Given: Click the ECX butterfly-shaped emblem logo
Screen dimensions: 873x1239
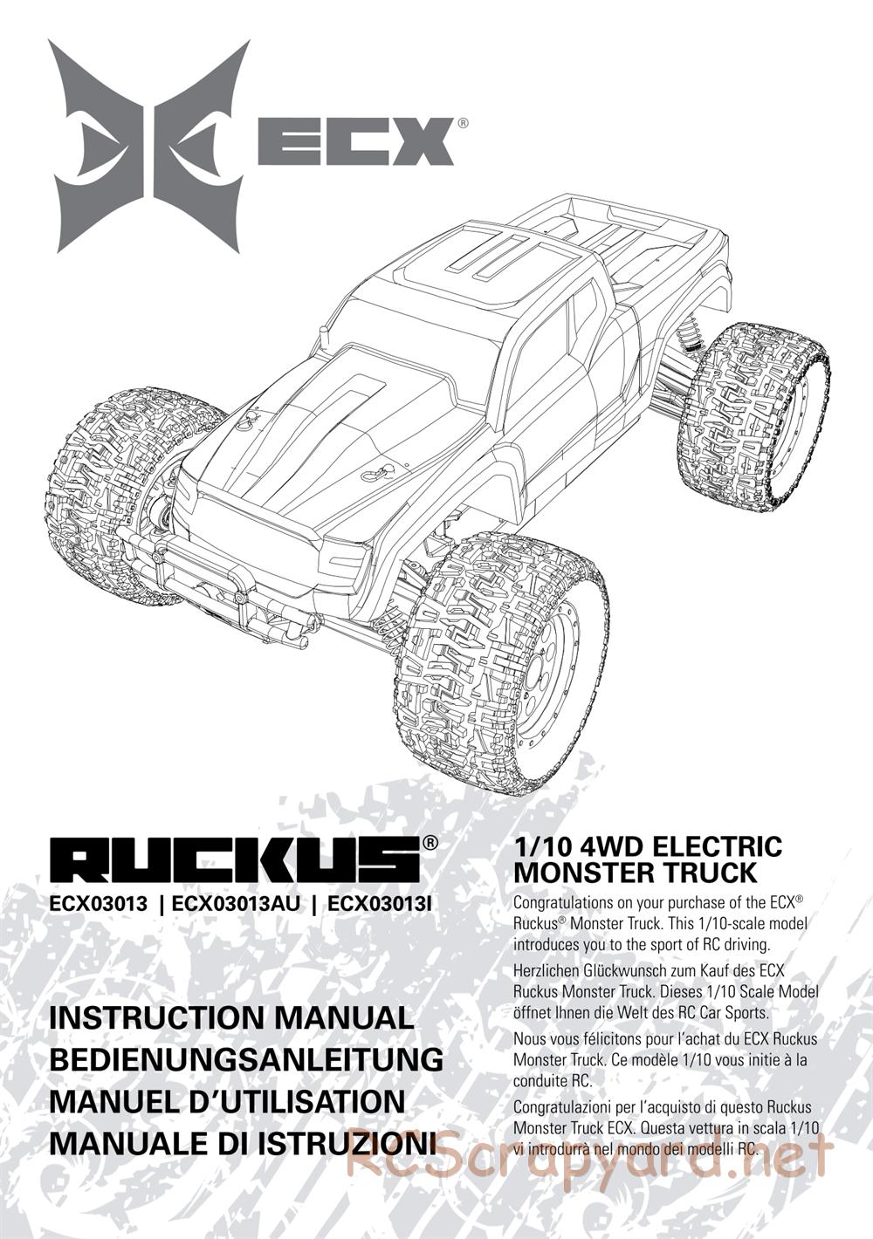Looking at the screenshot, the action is coord(150,146).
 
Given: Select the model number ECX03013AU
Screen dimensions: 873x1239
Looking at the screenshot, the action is coord(236,904).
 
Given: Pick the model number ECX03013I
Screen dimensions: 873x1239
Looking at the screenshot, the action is coord(379,904).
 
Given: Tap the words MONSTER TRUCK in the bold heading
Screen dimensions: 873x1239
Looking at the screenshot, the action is coord(635,873).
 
